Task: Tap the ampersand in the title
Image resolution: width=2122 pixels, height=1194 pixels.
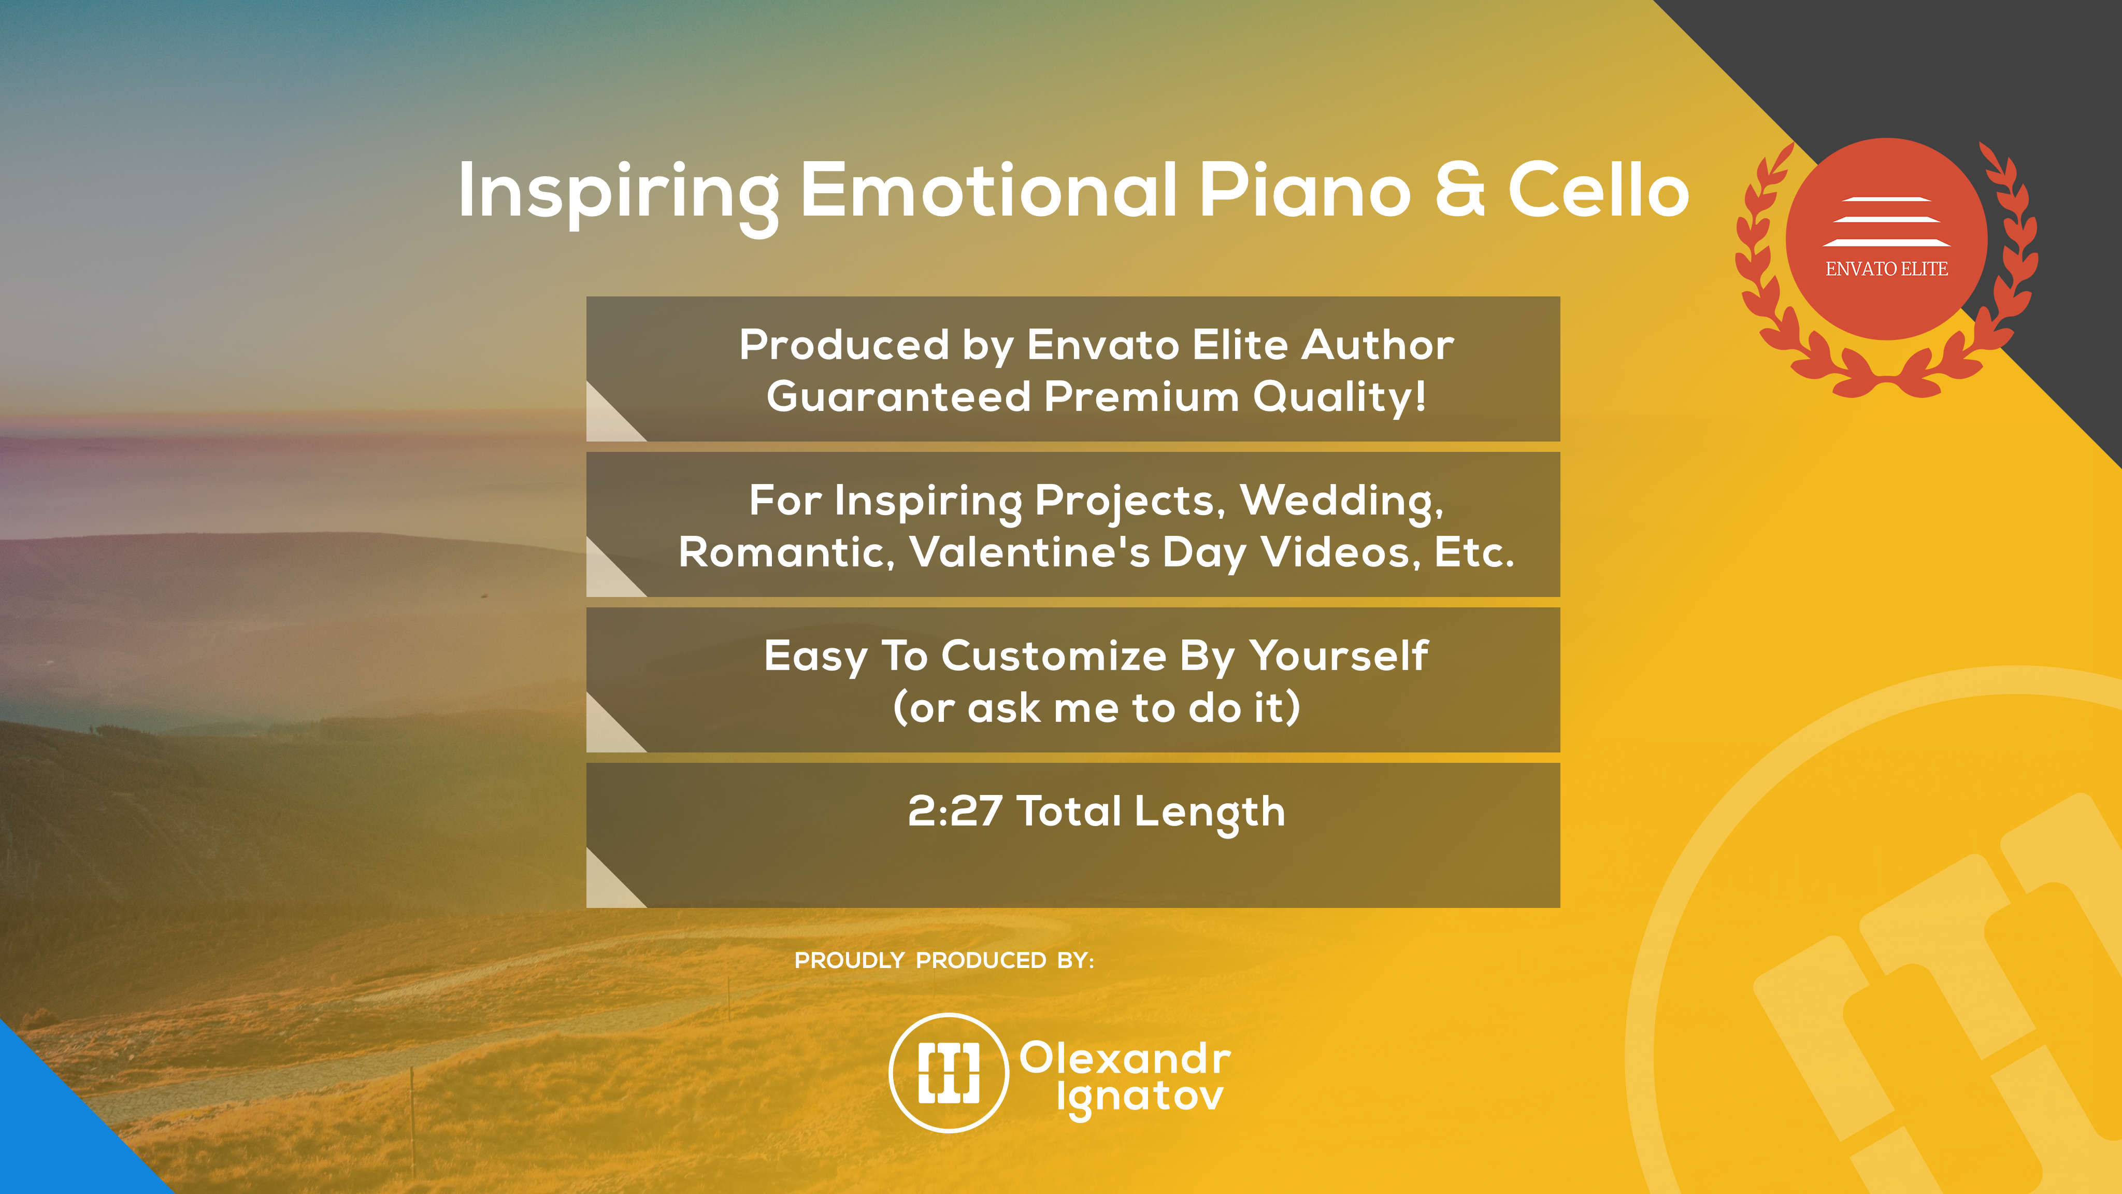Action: [x=1460, y=190]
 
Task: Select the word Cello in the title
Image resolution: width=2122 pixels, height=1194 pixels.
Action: [x=1599, y=190]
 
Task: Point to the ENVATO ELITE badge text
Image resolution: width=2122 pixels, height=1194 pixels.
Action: [x=1886, y=268]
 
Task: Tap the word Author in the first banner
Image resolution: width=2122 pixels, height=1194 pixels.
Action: [x=1378, y=345]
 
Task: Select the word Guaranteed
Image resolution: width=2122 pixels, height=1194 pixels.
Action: [x=899, y=396]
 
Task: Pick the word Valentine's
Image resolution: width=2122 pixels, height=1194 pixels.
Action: [x=1030, y=552]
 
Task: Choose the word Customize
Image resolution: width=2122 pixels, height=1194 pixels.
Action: [x=1054, y=656]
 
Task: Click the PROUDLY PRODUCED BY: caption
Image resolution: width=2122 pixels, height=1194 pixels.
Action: [x=944, y=961]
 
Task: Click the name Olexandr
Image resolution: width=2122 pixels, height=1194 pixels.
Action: [x=1124, y=1058]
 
